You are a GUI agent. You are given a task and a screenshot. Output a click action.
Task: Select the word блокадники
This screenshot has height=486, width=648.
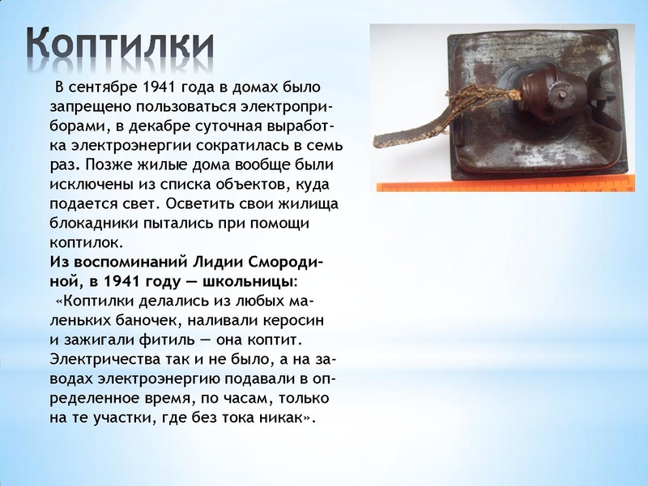point(92,224)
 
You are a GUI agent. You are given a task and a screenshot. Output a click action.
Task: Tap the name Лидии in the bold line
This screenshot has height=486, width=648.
point(215,262)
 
